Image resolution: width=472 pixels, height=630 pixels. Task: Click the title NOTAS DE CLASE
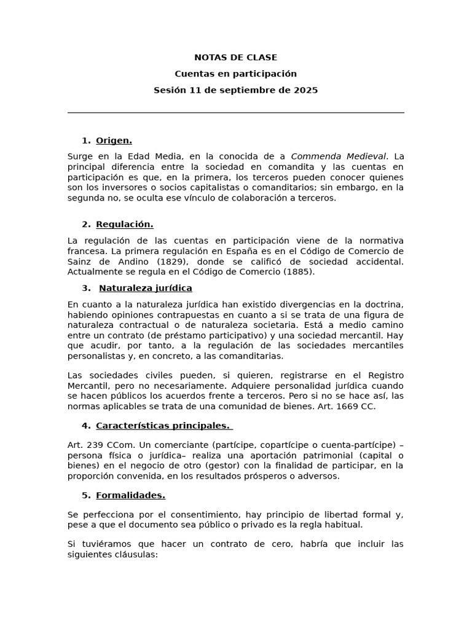pyautogui.click(x=235, y=58)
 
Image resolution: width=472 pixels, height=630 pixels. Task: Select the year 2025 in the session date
pyautogui.click(x=305, y=90)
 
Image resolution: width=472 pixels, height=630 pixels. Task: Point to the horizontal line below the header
pyautogui.click(x=235, y=113)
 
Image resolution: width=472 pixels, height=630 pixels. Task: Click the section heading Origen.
pyautogui.click(x=114, y=141)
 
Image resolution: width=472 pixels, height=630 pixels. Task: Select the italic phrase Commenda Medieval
pyautogui.click(x=339, y=156)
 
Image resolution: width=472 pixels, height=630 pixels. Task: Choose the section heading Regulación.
pyautogui.click(x=124, y=225)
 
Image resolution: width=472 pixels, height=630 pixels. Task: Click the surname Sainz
pyautogui.click(x=81, y=261)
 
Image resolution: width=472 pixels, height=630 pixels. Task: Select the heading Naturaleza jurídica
pyautogui.click(x=145, y=289)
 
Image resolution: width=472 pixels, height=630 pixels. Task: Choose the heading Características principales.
pyautogui.click(x=162, y=426)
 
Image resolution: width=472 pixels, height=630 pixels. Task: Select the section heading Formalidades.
pyautogui.click(x=130, y=495)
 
